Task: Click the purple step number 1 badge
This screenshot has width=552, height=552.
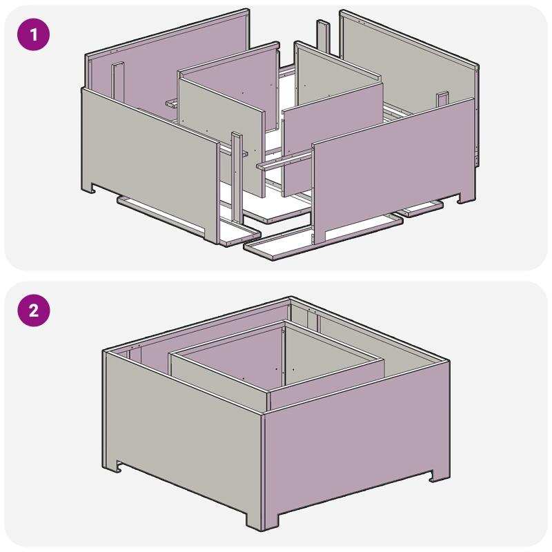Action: coord(34,34)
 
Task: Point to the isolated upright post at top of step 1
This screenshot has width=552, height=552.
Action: coord(322,34)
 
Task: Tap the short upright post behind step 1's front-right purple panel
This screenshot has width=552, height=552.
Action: coord(442,100)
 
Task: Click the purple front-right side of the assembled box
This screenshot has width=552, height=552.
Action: coord(355,448)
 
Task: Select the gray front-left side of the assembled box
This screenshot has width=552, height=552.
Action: coord(183,421)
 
